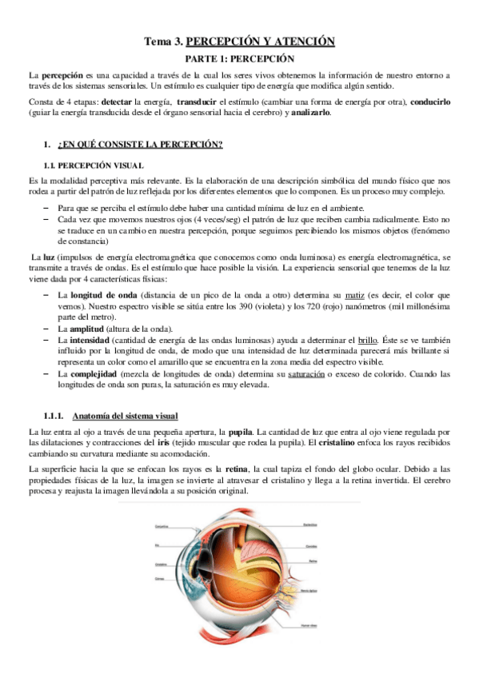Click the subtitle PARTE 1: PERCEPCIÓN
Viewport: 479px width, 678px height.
click(x=240, y=59)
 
